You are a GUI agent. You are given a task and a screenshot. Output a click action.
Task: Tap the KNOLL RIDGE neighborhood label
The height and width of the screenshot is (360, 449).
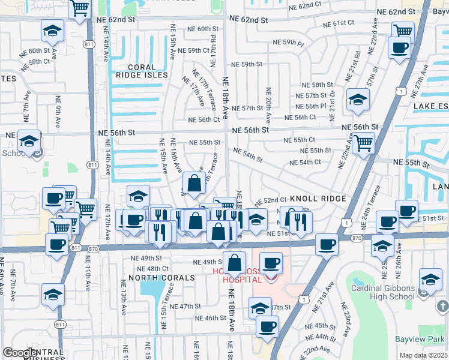click(318, 199)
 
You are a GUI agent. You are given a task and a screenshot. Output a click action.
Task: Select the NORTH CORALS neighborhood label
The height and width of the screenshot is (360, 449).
click(161, 278)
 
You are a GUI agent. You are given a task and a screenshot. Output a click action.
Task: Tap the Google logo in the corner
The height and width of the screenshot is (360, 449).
click(20, 353)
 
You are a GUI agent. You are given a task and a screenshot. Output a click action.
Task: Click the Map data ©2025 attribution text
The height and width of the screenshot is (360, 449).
click(423, 355)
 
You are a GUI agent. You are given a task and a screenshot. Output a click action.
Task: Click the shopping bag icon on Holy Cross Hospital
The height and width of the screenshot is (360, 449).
click(234, 262)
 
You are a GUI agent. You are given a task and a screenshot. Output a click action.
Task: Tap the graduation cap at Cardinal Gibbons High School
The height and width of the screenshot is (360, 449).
click(430, 279)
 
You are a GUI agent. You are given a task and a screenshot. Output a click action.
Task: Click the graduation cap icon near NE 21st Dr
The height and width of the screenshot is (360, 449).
click(358, 100)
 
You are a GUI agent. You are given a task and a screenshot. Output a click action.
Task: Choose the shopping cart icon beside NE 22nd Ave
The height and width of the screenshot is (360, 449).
click(364, 143)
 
